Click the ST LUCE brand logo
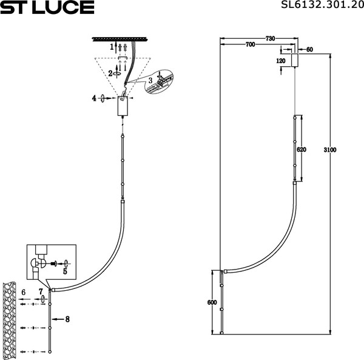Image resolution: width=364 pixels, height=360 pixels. point(47,8)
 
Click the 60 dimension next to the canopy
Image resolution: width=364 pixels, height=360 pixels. point(309,50)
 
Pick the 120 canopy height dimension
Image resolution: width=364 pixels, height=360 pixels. point(280,61)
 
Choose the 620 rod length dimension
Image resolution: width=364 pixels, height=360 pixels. point(301,149)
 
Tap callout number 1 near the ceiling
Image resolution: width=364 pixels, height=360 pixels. point(112,47)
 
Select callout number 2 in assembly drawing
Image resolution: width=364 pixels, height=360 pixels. point(110,73)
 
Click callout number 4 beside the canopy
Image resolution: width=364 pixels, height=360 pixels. point(95,97)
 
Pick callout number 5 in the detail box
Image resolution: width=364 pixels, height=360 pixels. point(65,271)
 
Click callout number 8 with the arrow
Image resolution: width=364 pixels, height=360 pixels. point(68,318)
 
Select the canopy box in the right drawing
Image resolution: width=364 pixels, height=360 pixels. point(295,61)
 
